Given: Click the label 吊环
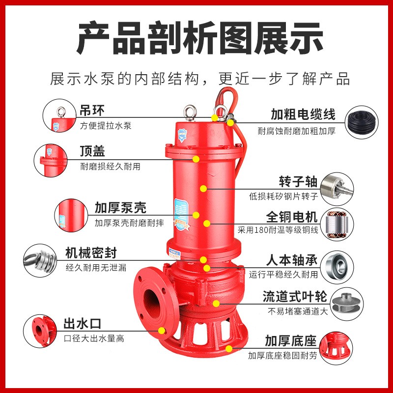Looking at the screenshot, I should click(x=92, y=109).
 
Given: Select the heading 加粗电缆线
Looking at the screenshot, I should click(x=303, y=115).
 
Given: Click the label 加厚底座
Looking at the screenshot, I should click(x=290, y=341).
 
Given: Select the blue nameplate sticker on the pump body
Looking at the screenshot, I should click(x=181, y=213).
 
